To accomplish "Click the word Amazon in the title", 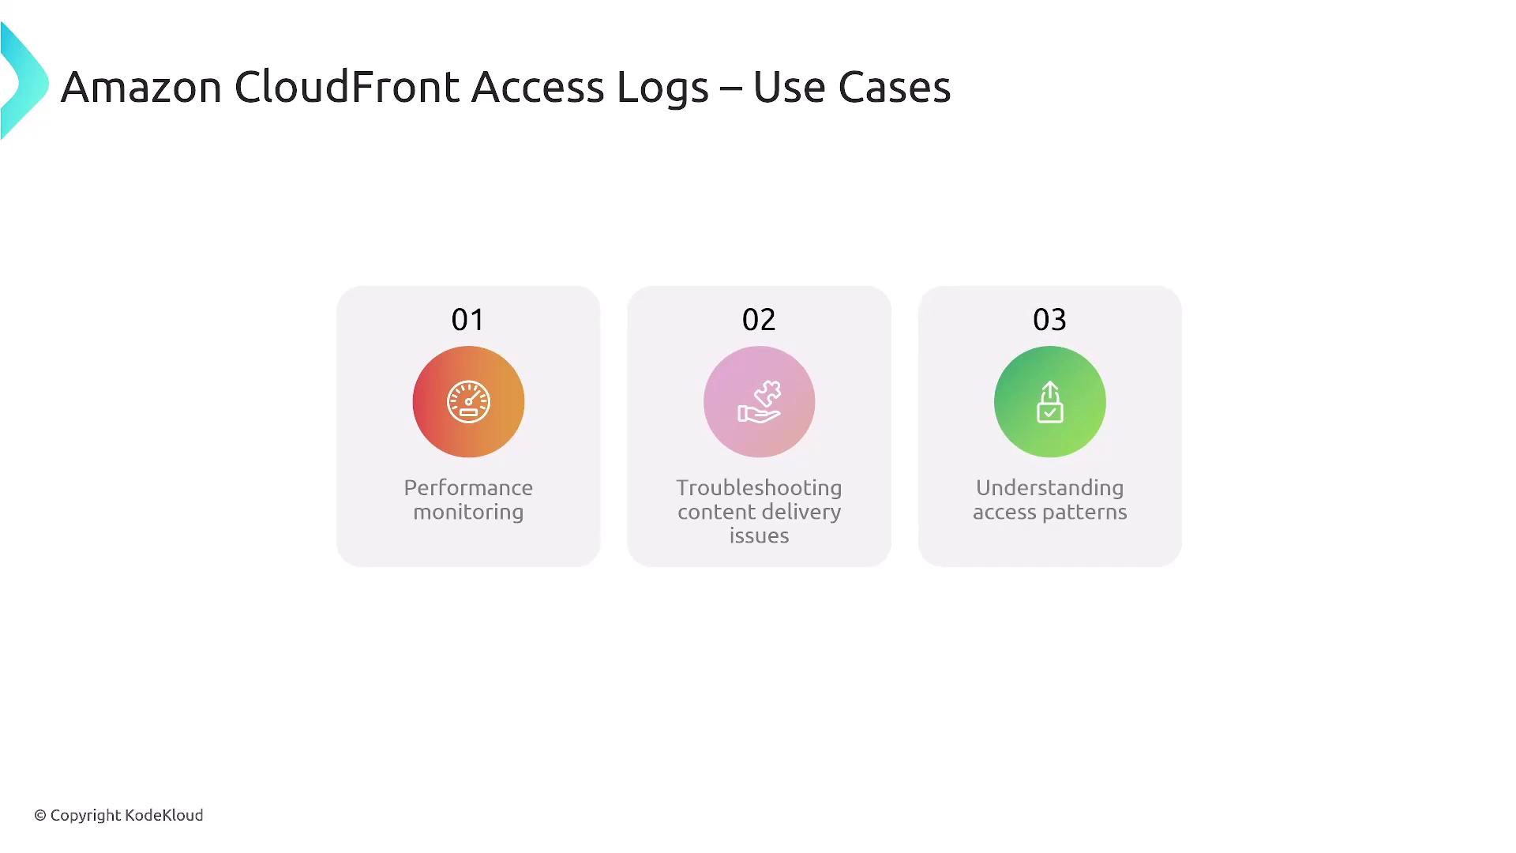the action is tap(141, 87).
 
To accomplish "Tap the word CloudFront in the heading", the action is tap(347, 86).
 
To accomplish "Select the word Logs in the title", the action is tap(662, 89).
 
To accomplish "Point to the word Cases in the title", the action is tap(894, 87).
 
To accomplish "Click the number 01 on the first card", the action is tap(468, 320).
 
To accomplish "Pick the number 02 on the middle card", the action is tap(759, 320).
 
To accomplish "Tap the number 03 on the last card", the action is tap(1049, 320).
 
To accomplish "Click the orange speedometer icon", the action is tap(468, 402).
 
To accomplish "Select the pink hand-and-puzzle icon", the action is tap(759, 402).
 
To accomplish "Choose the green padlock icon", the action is tap(1049, 402).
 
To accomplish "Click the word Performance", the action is tap(468, 488).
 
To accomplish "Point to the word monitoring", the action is tap(468, 513).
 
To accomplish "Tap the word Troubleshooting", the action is tap(759, 489).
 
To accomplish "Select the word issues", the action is tap(759, 536).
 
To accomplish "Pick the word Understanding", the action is tap(1049, 489).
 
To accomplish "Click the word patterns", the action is tap(1085, 513).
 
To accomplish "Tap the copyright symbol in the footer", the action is tap(40, 815).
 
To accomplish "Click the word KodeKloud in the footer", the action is tap(164, 815).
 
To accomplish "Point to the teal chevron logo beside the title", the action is tap(24, 81).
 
